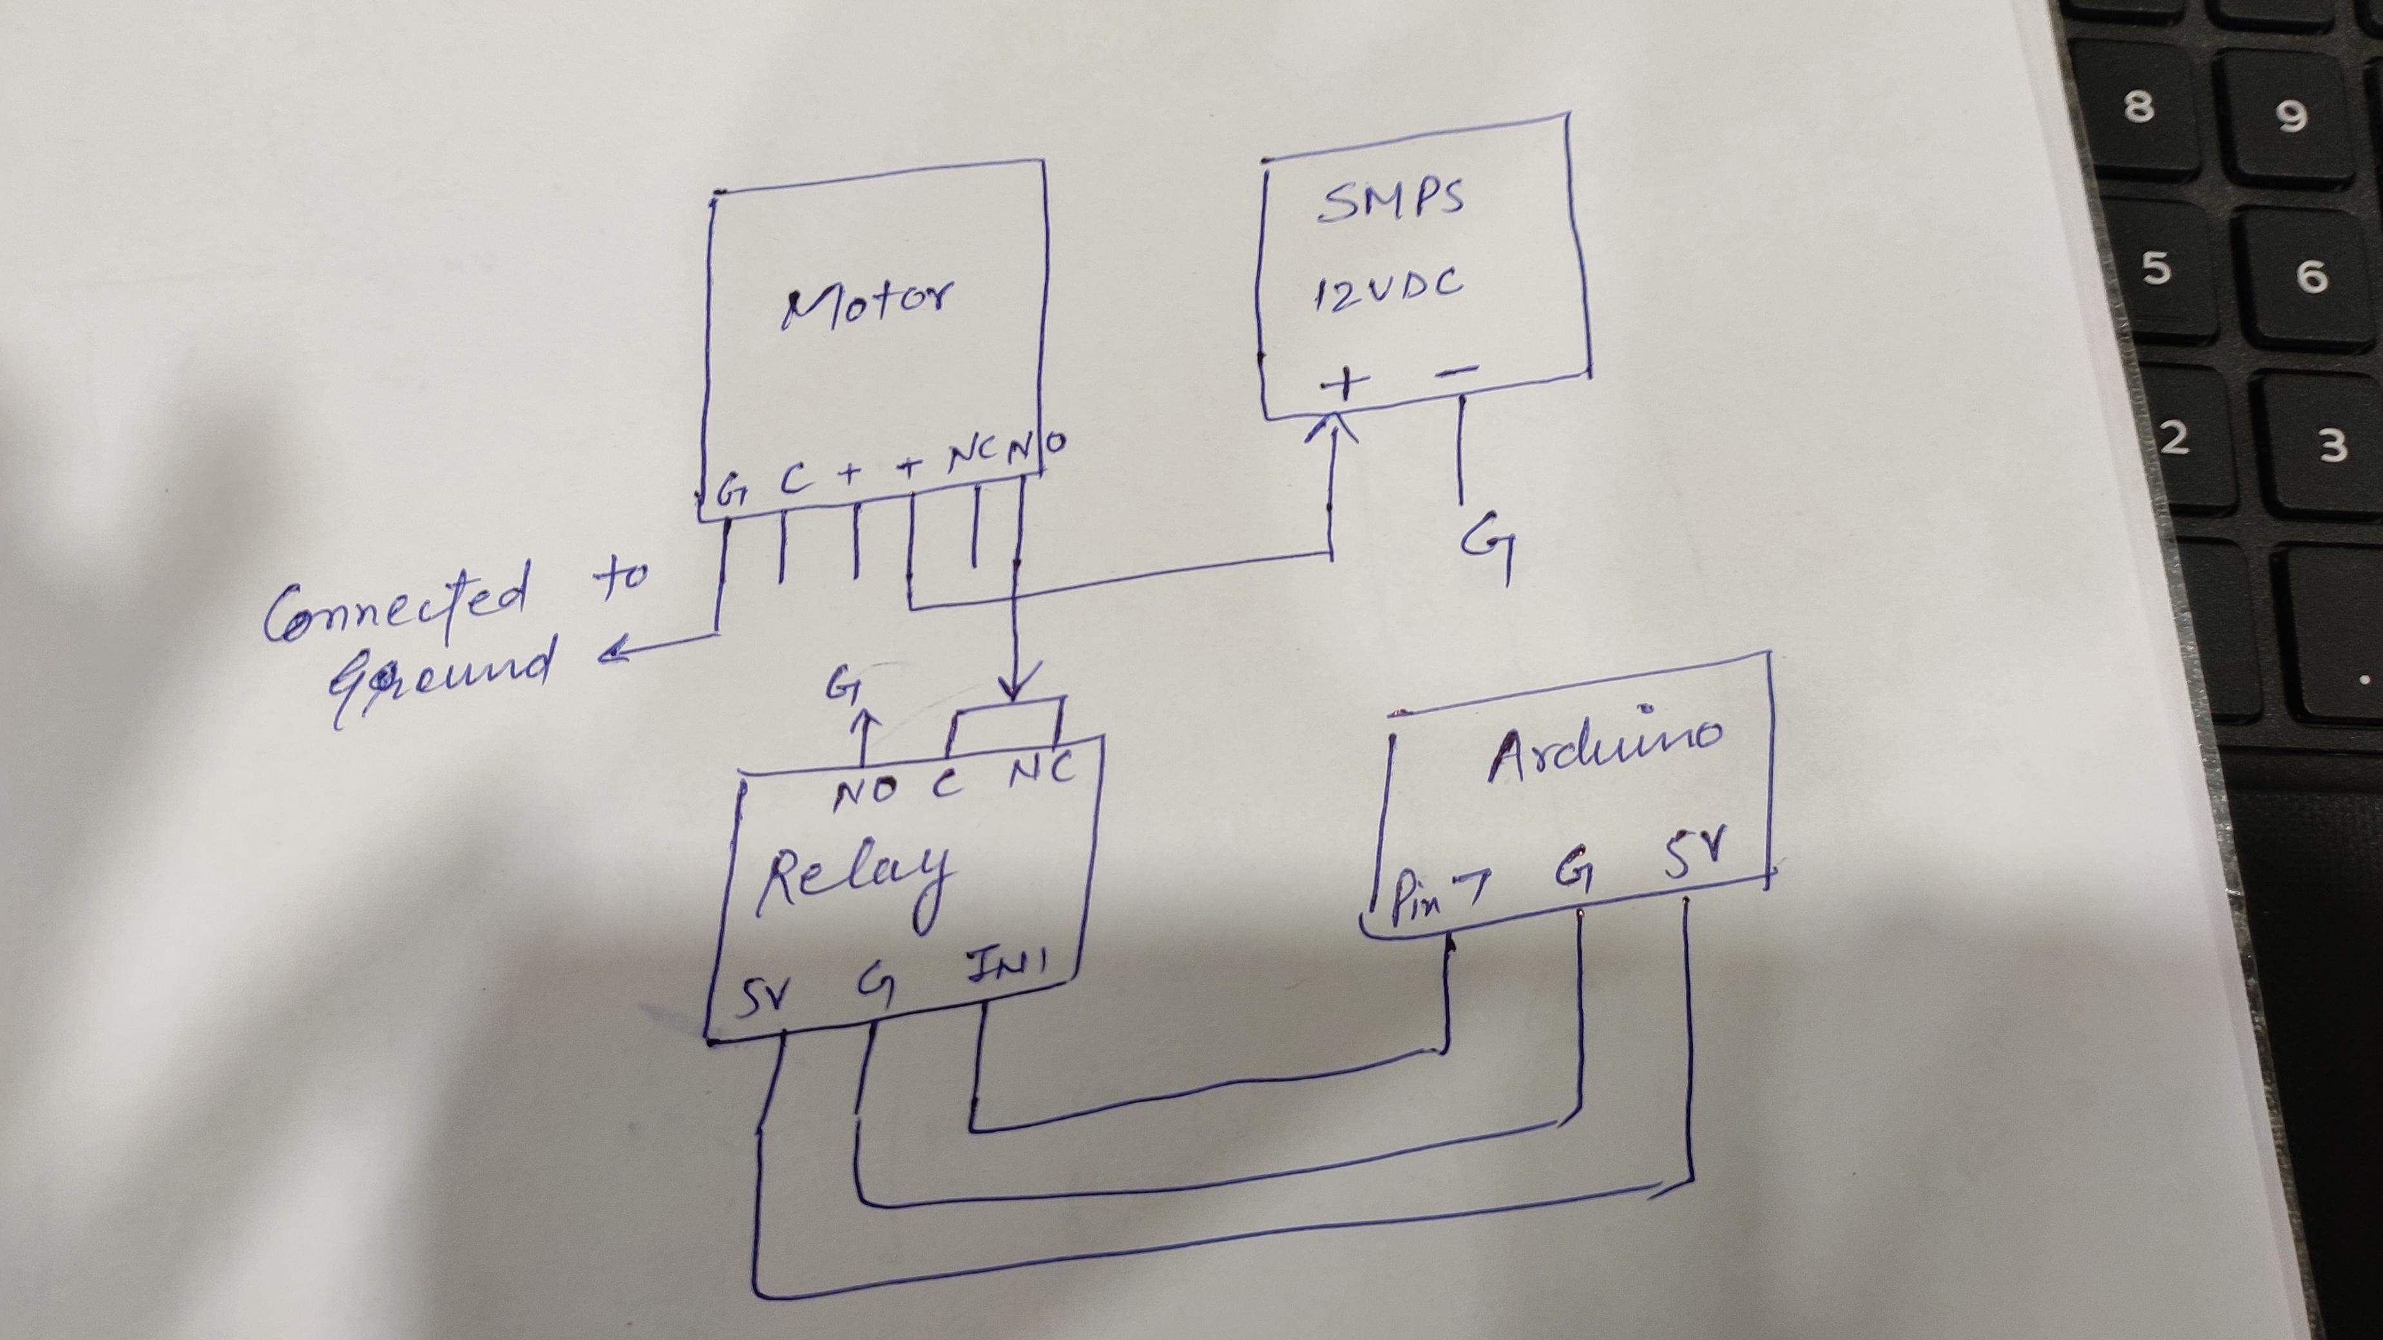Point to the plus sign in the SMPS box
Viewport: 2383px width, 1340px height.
(x=1343, y=383)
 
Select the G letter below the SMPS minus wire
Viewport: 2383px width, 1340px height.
(x=1488, y=551)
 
